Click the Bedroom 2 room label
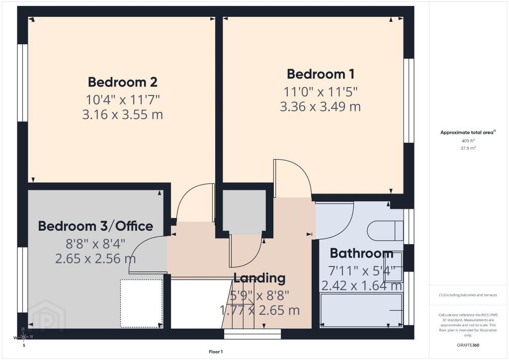123,82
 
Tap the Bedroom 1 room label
321,74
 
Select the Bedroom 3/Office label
95,226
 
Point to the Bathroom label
362,253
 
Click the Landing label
259,278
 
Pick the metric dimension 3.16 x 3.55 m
122,114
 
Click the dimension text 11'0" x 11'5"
321,92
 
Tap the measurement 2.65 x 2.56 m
95,259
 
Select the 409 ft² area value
468,141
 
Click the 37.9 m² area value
468,148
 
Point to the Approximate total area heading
468,132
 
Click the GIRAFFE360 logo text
468,345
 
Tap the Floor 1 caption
216,352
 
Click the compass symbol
23,338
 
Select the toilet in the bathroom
385,231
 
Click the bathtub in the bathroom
361,310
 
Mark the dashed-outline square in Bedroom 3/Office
142,303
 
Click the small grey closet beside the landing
244,212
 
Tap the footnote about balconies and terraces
468,295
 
